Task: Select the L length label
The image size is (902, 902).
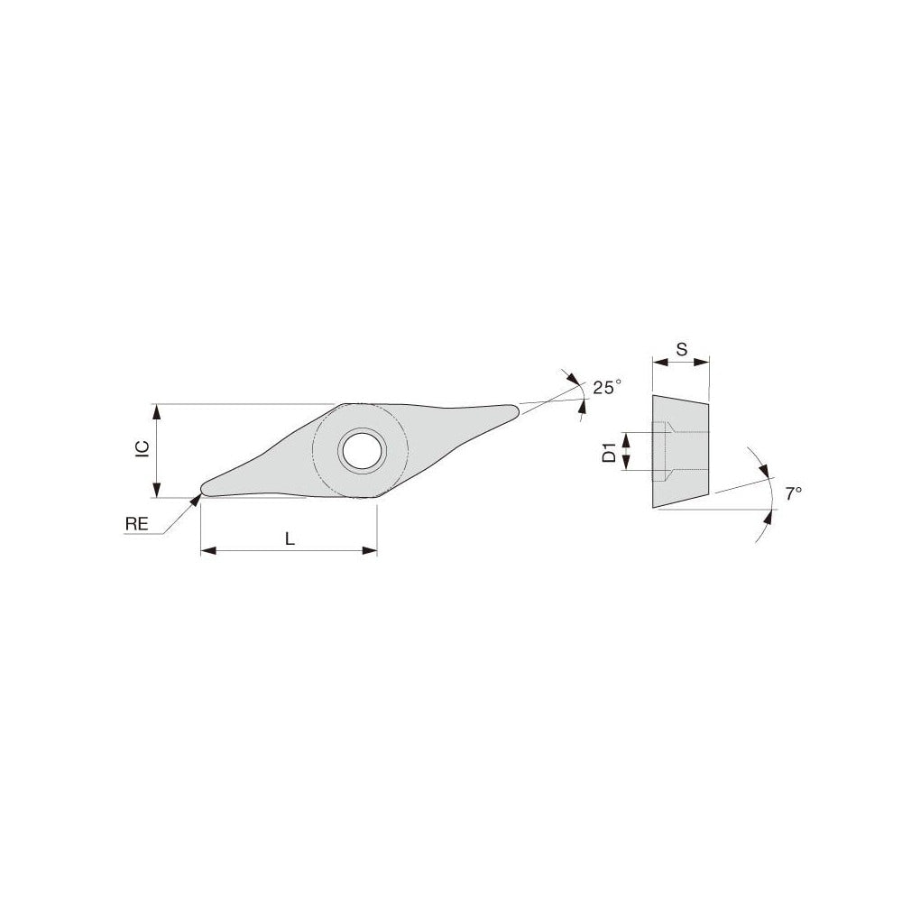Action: [x=289, y=538]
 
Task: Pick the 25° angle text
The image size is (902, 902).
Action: [x=607, y=388]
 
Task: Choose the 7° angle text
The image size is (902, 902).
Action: [x=793, y=493]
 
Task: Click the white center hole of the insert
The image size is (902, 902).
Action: [x=361, y=449]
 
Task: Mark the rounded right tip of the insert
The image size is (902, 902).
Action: [x=513, y=411]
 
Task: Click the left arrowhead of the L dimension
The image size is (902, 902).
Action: [x=207, y=550]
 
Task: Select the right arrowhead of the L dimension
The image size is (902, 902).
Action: [x=371, y=550]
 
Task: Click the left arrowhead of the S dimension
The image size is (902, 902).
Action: [x=658, y=364]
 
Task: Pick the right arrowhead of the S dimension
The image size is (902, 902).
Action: [x=704, y=364]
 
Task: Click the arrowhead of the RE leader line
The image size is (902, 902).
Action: [x=196, y=498]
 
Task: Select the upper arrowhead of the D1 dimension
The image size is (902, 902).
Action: [x=622, y=437]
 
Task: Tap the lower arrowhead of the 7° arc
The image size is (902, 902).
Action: [x=769, y=514]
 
